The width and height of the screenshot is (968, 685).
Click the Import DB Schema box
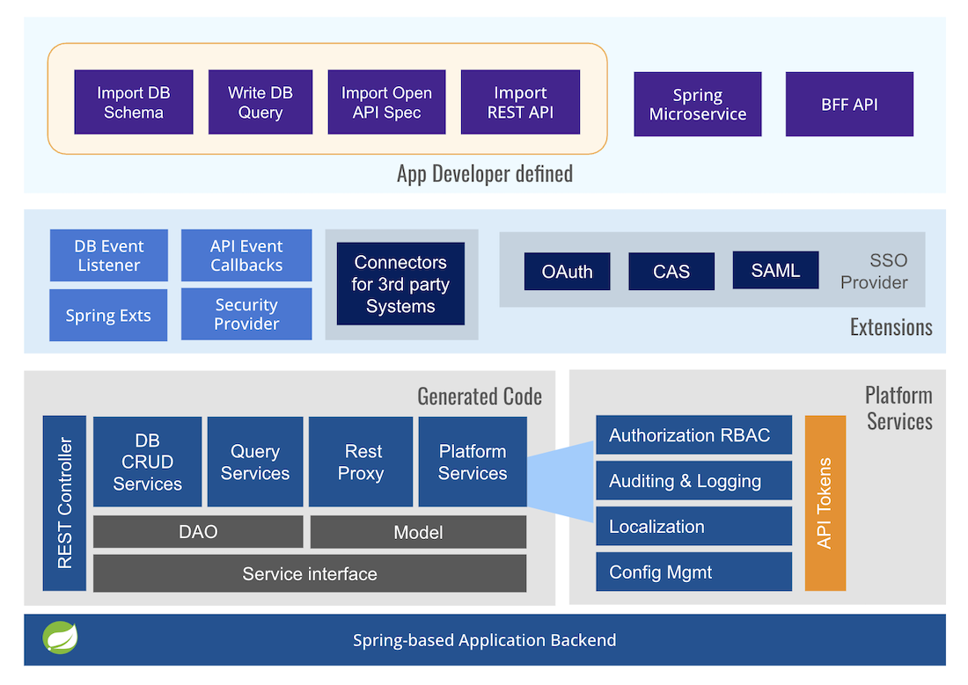coord(134,103)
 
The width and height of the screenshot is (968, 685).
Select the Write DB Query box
coord(260,103)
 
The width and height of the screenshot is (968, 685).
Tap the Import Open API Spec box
coord(386,103)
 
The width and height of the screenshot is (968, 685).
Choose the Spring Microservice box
coord(698,105)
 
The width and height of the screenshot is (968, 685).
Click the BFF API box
coord(849,105)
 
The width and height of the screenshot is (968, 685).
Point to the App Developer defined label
coord(485,173)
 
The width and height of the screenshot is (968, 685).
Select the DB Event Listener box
coord(109,256)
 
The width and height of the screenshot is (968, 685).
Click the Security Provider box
coord(246,314)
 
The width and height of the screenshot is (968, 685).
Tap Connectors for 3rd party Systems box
coord(400,284)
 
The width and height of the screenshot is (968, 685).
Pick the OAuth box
coord(568,272)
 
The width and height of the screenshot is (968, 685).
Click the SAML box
coord(775,271)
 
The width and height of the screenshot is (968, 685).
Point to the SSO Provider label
coord(874,272)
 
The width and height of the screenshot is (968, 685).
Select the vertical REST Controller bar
coord(65,503)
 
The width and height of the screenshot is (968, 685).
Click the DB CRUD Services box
coord(148,462)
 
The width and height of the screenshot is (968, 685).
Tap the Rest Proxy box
coord(362,462)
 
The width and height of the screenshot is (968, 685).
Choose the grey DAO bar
coord(198,532)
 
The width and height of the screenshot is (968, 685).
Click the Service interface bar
coord(310,574)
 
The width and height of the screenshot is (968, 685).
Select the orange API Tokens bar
coord(825,503)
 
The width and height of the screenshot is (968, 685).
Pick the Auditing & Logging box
coord(693,481)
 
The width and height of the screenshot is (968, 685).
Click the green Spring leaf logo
coord(61,638)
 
